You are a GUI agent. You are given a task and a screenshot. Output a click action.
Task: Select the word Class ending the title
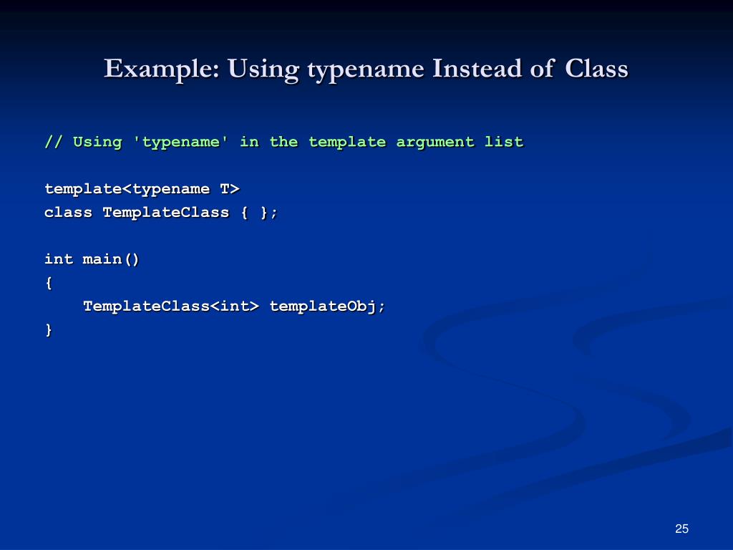coord(596,69)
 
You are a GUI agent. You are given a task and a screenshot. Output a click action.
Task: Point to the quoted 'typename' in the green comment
coord(181,142)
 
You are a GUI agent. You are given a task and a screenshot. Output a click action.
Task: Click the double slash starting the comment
coord(54,142)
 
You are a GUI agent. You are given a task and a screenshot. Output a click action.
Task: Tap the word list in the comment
coord(504,142)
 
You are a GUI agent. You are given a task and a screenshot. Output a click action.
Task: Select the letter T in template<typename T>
coord(225,189)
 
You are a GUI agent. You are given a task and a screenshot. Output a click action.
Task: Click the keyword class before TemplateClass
coord(68,213)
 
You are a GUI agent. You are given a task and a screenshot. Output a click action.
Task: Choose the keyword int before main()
coord(59,259)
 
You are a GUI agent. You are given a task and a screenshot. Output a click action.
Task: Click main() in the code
coord(112,259)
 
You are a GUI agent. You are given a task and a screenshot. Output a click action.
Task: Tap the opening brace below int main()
coord(49,283)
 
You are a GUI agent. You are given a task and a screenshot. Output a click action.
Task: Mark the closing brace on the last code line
coord(49,330)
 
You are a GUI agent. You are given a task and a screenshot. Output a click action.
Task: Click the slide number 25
coord(681,529)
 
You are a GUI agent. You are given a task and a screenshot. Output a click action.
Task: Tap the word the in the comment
coord(283,142)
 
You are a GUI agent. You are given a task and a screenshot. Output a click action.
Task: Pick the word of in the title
coord(542,69)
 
